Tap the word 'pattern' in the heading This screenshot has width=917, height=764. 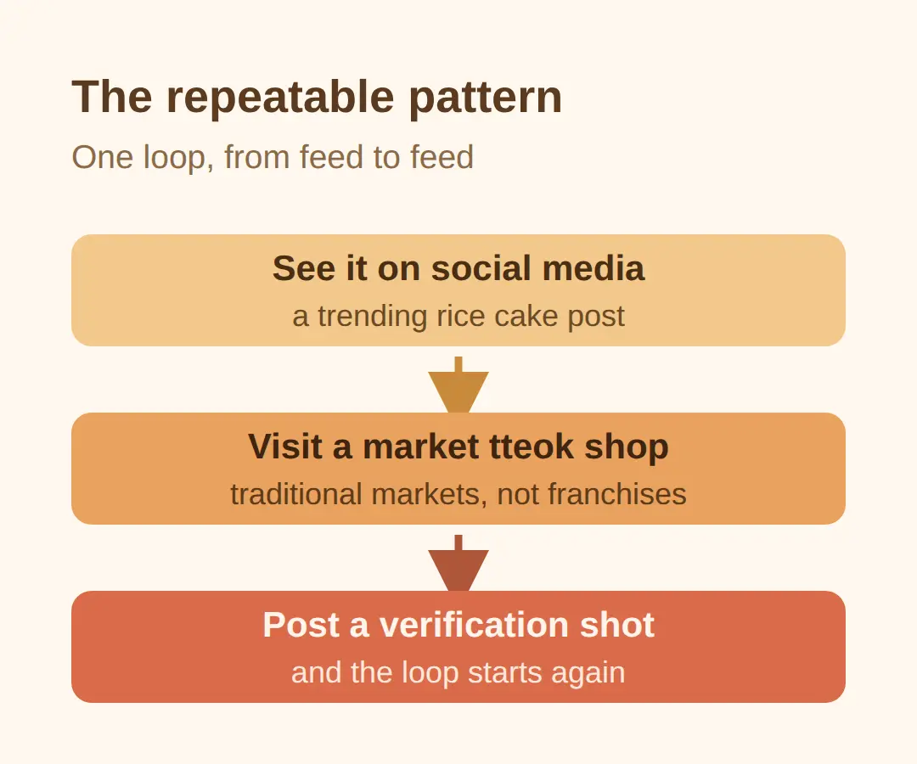tap(486, 97)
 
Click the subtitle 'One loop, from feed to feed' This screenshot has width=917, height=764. tap(273, 157)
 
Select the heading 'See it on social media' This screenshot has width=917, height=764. tap(458, 268)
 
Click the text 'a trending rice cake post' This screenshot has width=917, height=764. tap(458, 317)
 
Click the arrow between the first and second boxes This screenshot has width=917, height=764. tap(458, 385)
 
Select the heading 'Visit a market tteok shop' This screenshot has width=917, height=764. tap(458, 447)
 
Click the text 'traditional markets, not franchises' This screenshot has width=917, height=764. tap(458, 495)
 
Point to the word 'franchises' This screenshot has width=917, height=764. tap(617, 495)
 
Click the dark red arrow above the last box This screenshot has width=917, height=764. tap(458, 563)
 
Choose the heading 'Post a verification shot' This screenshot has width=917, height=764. tap(458, 625)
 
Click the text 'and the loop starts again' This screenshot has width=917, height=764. tap(458, 673)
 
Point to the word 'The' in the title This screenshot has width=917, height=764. tap(112, 97)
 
